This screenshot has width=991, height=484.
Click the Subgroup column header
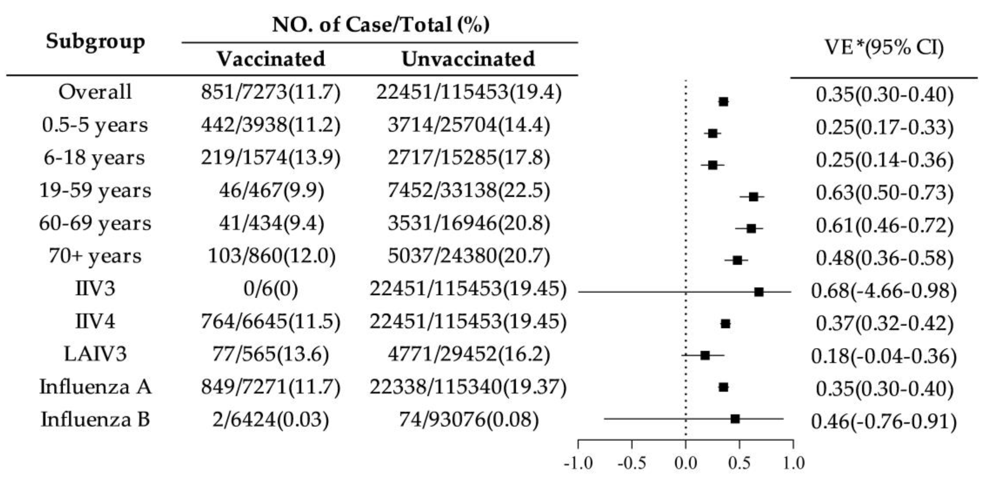click(95, 41)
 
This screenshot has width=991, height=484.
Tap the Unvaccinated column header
click(468, 59)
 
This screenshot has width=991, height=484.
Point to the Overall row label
click(95, 92)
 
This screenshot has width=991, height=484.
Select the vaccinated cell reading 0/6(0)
click(270, 289)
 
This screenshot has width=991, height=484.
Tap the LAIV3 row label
click(95, 354)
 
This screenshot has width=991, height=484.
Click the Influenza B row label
click(95, 419)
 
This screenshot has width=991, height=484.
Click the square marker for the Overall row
click(723, 102)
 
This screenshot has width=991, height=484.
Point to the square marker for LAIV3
click(705, 355)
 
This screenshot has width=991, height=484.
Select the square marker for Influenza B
click(735, 419)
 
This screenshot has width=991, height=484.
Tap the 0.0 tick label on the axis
click(685, 463)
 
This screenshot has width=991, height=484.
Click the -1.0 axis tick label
click(577, 463)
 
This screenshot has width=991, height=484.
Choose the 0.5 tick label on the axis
click(739, 463)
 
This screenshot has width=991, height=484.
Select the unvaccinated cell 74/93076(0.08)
click(469, 419)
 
